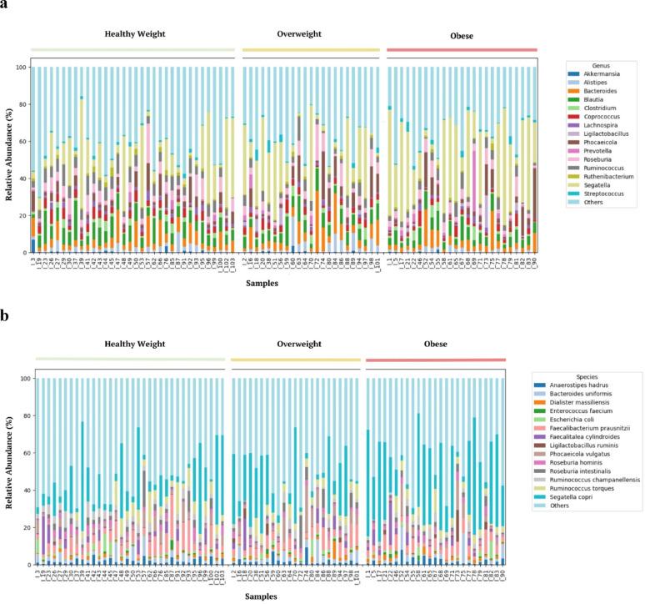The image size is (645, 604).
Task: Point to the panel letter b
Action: pyautogui.click(x=5, y=316)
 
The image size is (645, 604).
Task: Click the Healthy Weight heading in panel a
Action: pyautogui.click(x=135, y=34)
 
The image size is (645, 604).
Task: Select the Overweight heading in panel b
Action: pyautogui.click(x=296, y=345)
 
